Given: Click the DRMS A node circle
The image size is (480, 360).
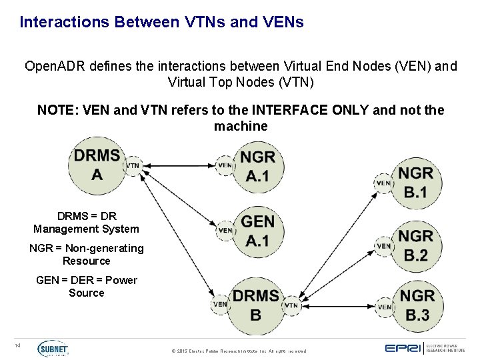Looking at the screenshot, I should [97, 165].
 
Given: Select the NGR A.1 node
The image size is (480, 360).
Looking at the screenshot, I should [257, 165].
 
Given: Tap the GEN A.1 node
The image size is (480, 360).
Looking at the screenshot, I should [258, 230].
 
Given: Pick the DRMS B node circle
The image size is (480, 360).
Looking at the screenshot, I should [255, 305].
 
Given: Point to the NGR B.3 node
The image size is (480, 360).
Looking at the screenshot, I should [416, 305].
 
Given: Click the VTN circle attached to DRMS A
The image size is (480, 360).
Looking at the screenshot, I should [133, 165].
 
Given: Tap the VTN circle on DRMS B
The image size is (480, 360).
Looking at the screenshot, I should [291, 305].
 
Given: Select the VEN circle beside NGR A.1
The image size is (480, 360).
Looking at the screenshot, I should [225, 165].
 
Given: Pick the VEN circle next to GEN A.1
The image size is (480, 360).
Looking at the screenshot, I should [225, 230].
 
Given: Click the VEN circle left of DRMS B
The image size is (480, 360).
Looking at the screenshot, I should [220, 305].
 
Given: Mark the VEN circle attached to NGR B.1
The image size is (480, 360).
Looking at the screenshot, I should [383, 183].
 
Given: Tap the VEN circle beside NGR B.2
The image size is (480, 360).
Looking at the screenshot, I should [383, 246].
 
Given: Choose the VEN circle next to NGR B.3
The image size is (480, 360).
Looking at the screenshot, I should [384, 307].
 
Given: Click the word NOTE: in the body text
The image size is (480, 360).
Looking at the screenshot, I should [56, 110].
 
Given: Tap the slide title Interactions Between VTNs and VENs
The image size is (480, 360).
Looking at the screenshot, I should [161, 22].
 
